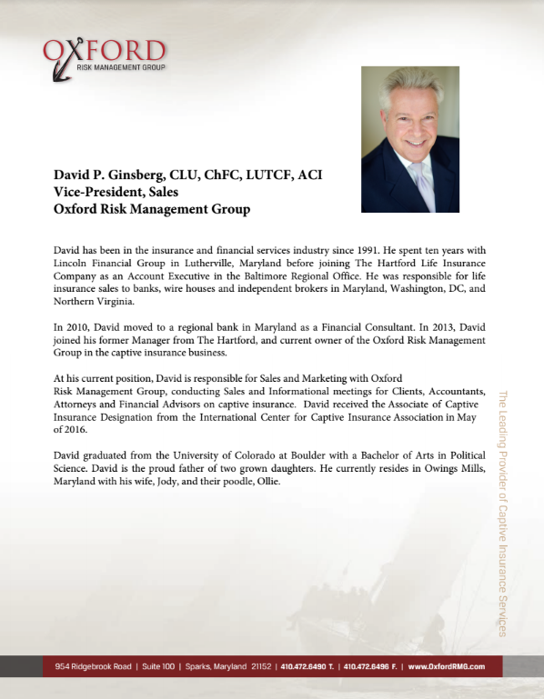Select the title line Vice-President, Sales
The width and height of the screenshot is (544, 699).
[111, 192]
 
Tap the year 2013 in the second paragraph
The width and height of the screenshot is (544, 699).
[428, 325]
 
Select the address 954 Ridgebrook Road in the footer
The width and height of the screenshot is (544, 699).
[89, 666]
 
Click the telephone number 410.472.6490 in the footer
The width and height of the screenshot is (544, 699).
[304, 666]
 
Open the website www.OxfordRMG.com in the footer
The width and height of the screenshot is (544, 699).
[447, 666]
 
